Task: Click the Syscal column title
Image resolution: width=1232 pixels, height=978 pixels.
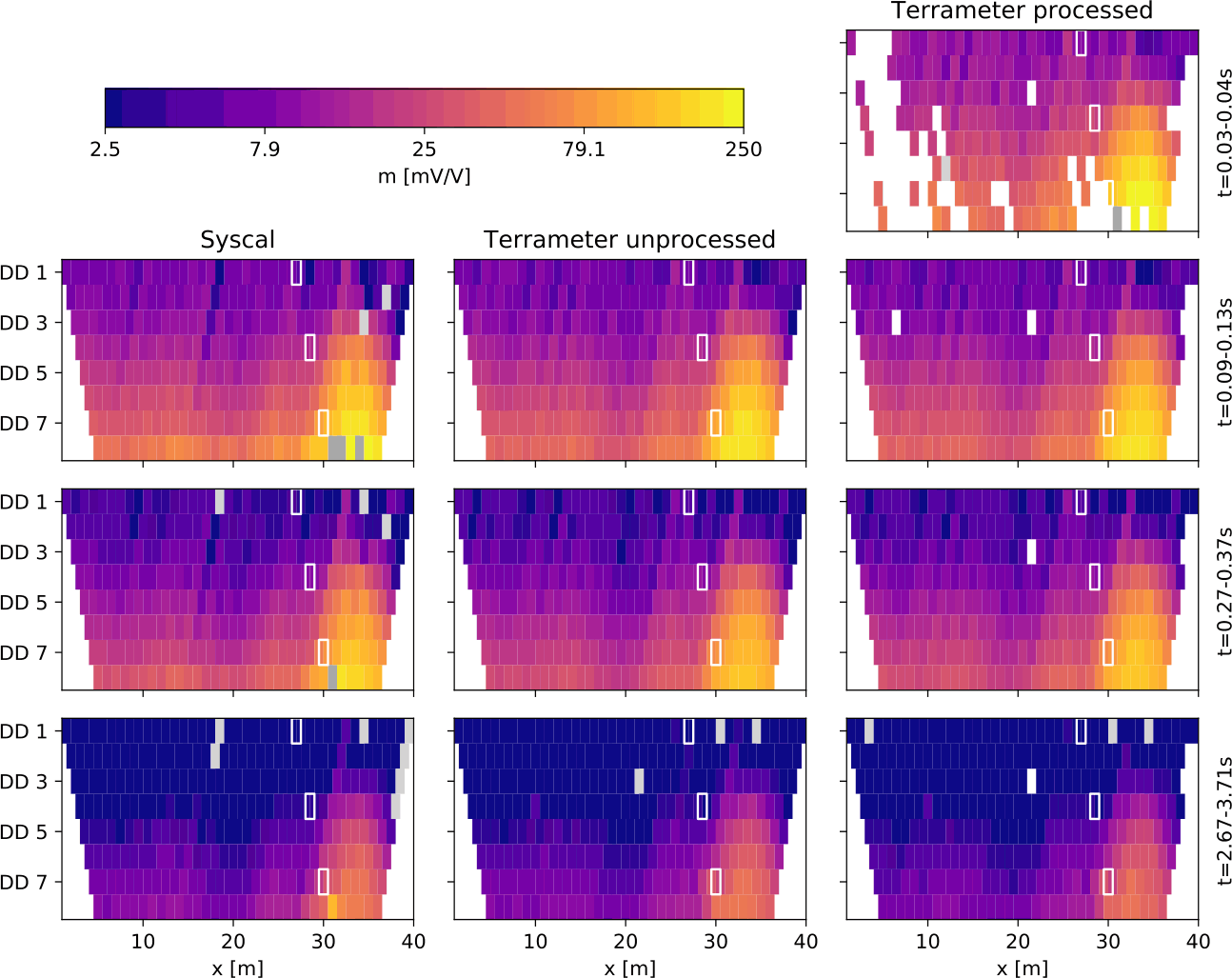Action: [237, 240]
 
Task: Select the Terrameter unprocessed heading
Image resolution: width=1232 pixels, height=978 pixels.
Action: [629, 240]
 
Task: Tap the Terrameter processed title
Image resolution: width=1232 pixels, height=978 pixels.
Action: [1022, 11]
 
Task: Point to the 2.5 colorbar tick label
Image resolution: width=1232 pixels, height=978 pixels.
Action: [105, 150]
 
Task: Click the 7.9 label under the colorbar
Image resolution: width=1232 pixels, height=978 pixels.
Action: [265, 150]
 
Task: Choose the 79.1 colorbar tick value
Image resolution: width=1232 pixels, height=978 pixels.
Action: [584, 150]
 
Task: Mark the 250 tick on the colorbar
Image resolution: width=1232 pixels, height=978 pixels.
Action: [744, 150]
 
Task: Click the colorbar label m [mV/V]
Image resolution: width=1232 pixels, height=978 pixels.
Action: [424, 176]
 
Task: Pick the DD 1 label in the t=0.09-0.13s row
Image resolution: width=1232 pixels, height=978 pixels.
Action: [24, 273]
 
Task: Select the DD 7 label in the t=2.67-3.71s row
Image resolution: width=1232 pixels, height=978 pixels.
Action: [24, 883]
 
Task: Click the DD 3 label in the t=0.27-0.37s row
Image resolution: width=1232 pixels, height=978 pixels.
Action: [24, 552]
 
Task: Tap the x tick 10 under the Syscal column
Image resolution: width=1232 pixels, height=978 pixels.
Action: [143, 942]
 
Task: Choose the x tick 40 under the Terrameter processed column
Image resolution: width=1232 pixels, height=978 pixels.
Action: [1198, 942]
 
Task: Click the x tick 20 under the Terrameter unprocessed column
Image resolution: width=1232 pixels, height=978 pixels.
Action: [626, 942]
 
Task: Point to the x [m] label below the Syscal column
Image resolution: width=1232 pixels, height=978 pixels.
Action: [237, 968]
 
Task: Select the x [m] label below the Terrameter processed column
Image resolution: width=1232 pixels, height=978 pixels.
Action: [1022, 968]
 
